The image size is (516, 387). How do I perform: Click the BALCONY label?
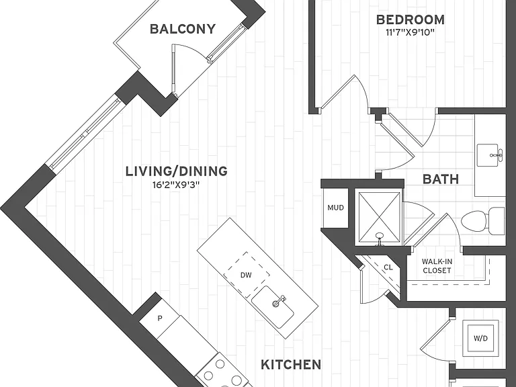click(183, 29)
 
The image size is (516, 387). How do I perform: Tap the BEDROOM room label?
click(411, 19)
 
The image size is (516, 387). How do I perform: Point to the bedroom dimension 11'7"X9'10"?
click(411, 32)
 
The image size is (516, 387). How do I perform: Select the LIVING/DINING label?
click(177, 171)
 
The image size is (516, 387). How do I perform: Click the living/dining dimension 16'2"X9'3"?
click(177, 185)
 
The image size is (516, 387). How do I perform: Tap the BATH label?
click(441, 179)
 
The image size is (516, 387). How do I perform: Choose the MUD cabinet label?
click(335, 208)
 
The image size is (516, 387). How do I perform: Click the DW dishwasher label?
click(246, 275)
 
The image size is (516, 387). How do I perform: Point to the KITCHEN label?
click(291, 365)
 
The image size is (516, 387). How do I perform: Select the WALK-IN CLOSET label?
click(437, 266)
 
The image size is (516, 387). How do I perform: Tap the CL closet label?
click(388, 267)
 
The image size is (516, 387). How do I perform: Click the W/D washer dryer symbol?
click(480, 339)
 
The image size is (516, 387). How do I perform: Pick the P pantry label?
click(160, 318)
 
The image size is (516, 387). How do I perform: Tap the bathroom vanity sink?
click(490, 155)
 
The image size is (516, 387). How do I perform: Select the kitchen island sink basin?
click(273, 306)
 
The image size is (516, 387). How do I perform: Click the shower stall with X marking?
click(379, 217)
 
